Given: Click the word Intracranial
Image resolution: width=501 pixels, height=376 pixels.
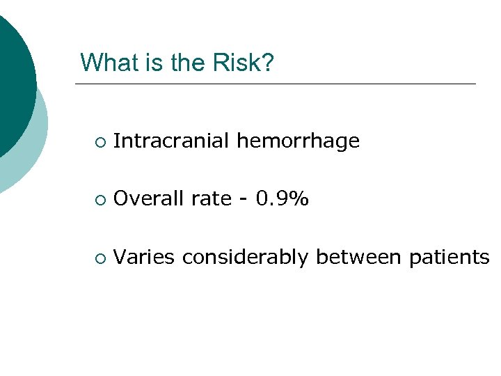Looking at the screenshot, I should [172, 141].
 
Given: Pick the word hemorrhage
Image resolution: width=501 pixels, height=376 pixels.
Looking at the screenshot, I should [299, 141].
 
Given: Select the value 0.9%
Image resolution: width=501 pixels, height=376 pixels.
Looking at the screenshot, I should [283, 199].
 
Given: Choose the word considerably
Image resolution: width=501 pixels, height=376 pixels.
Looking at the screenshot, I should [246, 258].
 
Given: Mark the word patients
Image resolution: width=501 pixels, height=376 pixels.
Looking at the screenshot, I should [449, 258].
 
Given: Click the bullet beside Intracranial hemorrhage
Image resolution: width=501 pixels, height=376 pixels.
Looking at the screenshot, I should [100, 143].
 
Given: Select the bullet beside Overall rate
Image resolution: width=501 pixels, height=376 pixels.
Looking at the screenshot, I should [100, 201].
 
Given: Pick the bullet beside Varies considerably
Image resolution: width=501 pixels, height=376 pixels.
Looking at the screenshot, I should [100, 258].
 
